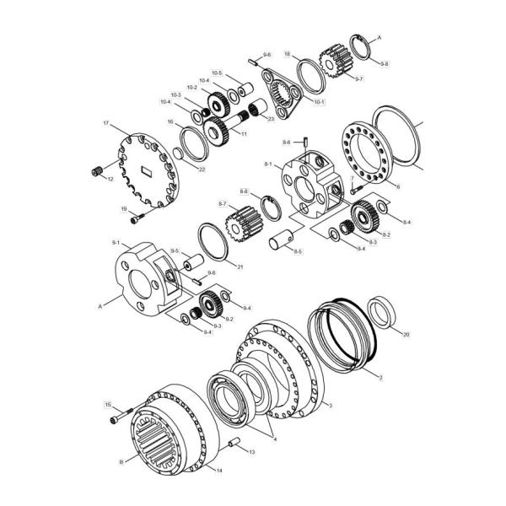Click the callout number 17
pos(106,124)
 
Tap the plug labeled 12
pos(97,173)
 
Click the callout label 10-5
pos(217,73)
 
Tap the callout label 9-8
pos(385,64)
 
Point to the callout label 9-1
pos(115,243)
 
